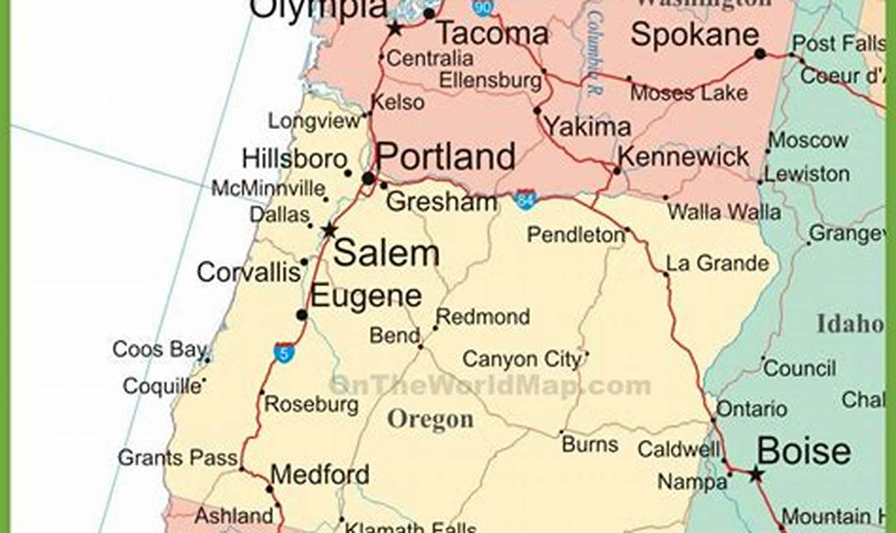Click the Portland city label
tap(446, 156)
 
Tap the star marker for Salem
tap(329, 230)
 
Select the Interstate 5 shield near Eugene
tap(284, 352)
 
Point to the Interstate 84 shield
tap(524, 199)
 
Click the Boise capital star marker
tap(755, 475)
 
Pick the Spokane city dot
tap(760, 53)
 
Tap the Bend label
tap(394, 335)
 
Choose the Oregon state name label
tap(430, 419)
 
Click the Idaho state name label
tap(850, 323)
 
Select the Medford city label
tap(320, 475)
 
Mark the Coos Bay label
tap(159, 349)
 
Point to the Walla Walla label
tap(724, 211)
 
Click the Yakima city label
tap(588, 126)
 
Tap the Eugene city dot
tap(301, 315)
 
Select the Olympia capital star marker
tap(395, 29)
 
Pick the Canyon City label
tap(522, 360)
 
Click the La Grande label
tap(717, 264)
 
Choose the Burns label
tap(590, 444)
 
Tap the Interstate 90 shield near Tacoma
tap(482, 7)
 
